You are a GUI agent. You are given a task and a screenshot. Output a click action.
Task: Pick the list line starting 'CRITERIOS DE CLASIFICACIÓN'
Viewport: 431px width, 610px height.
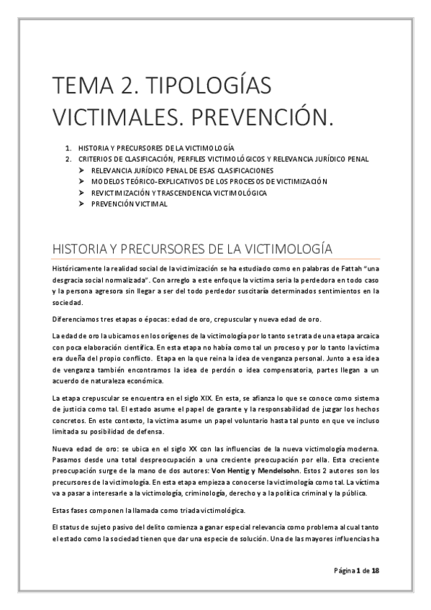[223, 158]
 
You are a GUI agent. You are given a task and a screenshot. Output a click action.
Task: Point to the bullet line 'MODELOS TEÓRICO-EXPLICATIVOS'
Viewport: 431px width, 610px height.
[209, 181]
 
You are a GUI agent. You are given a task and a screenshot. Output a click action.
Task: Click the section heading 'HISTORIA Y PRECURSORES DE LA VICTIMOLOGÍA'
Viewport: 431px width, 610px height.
[191, 248]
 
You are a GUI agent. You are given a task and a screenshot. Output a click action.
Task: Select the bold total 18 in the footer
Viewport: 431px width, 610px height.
[375, 570]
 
